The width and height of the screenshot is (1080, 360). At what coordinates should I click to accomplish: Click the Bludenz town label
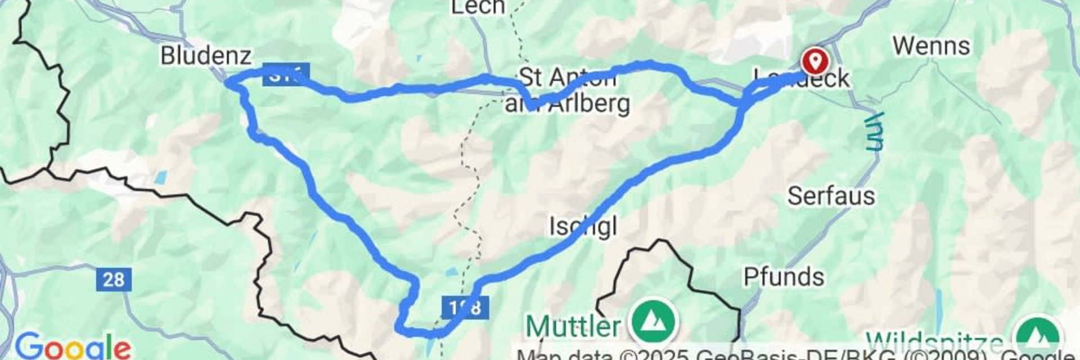[x=205, y=56]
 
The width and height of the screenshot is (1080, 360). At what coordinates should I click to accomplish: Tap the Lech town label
[x=477, y=7]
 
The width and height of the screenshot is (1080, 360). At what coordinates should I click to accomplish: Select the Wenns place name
[x=931, y=46]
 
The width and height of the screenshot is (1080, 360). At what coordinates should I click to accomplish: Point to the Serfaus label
[x=831, y=196]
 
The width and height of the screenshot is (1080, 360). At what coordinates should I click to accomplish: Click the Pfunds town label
[x=784, y=277]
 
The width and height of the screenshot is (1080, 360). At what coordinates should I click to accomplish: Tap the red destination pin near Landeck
[x=815, y=60]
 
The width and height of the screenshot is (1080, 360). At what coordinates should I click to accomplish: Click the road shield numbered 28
[x=114, y=280]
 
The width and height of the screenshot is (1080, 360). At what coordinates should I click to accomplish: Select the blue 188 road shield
[x=465, y=307]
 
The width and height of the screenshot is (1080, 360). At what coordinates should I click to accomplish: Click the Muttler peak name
[x=573, y=326]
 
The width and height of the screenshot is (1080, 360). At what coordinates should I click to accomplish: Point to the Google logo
[x=73, y=346]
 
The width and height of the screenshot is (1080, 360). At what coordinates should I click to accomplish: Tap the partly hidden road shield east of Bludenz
[x=286, y=74]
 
